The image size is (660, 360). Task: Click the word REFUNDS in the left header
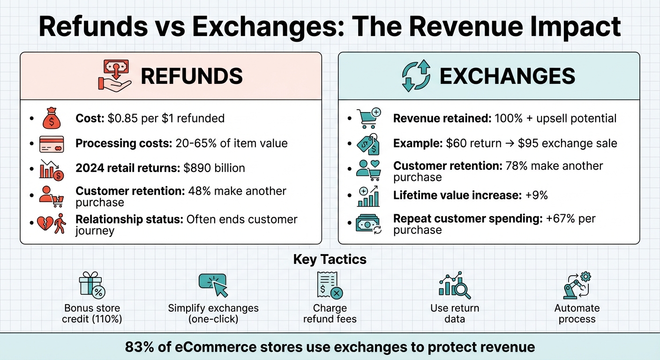192,76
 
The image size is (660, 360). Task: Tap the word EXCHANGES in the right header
507,76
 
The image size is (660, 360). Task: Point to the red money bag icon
51,119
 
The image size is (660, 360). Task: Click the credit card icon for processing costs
51,143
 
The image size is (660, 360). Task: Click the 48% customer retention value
198,191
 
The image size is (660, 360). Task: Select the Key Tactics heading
330,259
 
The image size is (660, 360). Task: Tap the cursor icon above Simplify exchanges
213,285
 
